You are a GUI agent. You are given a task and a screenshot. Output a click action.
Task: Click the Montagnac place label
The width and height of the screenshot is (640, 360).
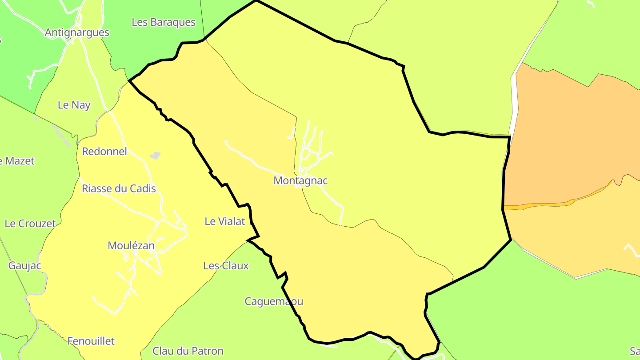tap(300, 181)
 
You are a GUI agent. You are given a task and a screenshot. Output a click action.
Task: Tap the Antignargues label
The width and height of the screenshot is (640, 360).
tap(77, 32)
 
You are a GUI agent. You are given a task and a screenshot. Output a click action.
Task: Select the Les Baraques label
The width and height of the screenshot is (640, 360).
tap(164, 22)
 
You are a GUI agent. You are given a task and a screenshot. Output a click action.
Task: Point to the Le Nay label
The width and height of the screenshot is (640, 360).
tap(74, 105)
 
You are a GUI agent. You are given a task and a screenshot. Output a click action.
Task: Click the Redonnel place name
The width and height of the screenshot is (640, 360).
tap(104, 152)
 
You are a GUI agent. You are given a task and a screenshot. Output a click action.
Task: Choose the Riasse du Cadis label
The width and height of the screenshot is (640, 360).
tap(119, 188)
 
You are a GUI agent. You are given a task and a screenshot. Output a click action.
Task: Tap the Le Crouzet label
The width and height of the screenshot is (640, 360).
tap(30, 224)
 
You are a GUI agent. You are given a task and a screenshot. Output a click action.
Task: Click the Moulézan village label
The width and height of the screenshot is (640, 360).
tap(131, 246)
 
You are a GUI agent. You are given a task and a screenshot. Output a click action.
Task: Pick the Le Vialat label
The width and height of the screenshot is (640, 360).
tap(225, 221)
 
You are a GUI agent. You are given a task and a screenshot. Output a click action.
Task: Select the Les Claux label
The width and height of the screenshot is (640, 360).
tap(226, 266)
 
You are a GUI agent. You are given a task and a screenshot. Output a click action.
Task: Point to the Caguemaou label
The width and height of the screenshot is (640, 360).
tap(274, 301)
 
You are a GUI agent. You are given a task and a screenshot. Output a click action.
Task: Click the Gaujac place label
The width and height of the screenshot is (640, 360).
tap(24, 266)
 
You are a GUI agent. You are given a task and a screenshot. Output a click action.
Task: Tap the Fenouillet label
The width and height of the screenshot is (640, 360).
tap(91, 341)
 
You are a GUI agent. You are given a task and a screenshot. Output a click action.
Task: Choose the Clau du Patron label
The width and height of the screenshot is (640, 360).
tap(188, 351)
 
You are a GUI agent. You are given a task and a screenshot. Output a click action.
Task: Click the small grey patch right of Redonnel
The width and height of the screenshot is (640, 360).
tap(155, 155)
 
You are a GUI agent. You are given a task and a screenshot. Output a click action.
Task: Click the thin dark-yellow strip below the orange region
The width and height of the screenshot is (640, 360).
tap(547, 205)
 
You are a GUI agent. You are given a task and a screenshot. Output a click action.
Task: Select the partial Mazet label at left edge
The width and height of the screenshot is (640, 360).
tap(17, 161)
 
